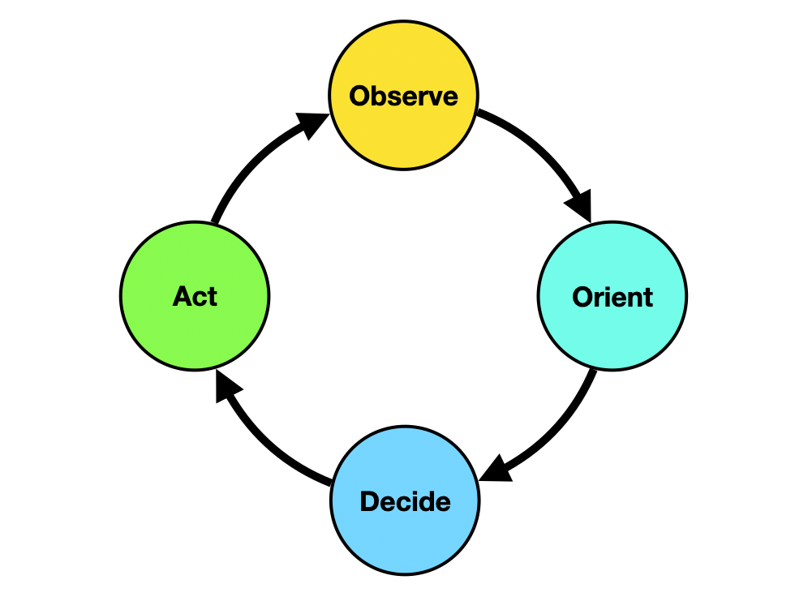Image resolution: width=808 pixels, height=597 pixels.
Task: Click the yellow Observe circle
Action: [403, 95]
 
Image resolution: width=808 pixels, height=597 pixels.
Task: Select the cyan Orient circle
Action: [612, 296]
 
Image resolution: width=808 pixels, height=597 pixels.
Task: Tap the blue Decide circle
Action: [405, 500]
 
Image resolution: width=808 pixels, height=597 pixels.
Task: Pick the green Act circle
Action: [195, 296]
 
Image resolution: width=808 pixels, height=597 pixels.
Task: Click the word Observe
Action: [403, 97]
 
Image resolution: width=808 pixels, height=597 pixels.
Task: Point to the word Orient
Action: [612, 297]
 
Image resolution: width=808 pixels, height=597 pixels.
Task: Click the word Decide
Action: [405, 501]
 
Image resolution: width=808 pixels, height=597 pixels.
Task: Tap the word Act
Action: [195, 296]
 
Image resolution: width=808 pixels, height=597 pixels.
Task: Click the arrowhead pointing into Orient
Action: [580, 205]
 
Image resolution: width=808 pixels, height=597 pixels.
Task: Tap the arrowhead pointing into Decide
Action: [496, 469]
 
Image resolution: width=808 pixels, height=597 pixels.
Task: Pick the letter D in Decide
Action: [369, 502]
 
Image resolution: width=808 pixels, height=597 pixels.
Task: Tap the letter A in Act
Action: [183, 296]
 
